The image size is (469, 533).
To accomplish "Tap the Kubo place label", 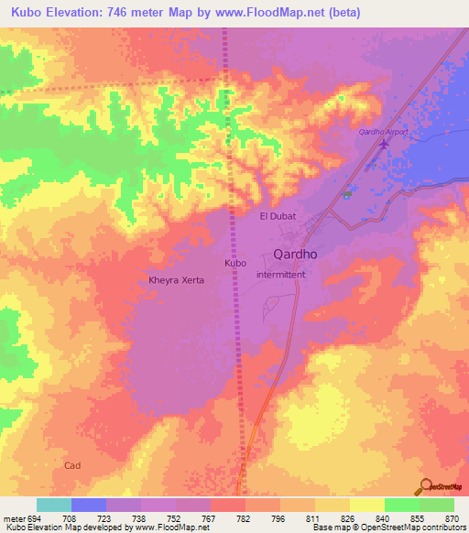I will pos(235,263).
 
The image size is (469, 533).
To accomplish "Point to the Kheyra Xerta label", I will pos(176,280).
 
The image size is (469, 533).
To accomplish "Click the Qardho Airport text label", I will pos(382,132).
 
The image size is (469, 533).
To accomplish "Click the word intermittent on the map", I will pos(286,274).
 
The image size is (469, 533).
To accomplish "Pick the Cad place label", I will pos(73,465).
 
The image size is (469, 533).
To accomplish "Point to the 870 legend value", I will pos(453,517).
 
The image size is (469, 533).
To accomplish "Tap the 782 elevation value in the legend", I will pos(244,517).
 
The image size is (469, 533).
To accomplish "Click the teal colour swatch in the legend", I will pos(54,505).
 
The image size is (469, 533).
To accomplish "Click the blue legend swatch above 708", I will pos(89,505).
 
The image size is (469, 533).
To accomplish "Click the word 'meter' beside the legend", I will pos(12,517).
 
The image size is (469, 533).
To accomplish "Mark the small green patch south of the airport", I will pos(346,193).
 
